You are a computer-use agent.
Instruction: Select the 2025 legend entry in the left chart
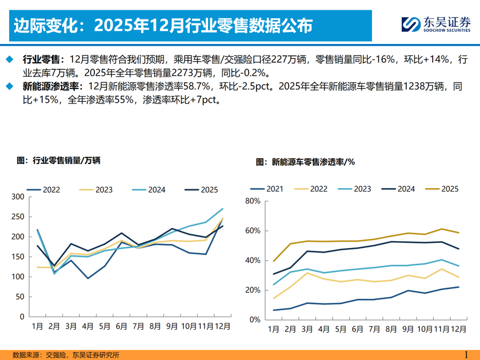click(x=201, y=190)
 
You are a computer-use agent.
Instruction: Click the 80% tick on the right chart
click(x=253, y=201)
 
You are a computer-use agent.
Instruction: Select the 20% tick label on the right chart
click(x=253, y=290)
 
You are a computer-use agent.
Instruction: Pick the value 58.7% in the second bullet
click(x=198, y=87)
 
